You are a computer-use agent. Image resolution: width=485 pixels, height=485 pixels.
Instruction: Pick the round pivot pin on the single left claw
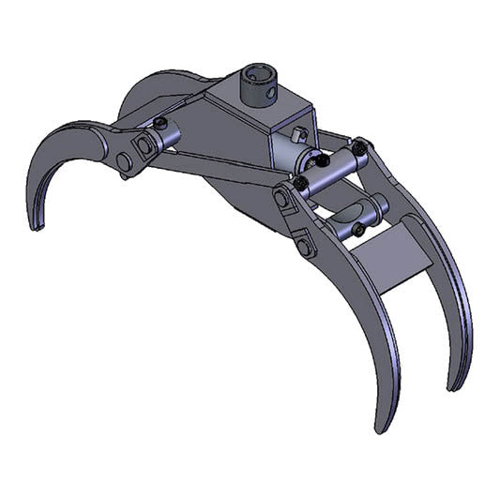pyautogui.click(x=124, y=161)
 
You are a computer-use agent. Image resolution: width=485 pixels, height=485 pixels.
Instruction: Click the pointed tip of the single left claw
pyautogui.click(x=35, y=225)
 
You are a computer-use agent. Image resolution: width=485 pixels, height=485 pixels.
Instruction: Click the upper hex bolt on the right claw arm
pyautogui.click(x=281, y=199)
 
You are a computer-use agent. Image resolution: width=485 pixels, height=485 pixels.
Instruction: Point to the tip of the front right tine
pyautogui.click(x=381, y=428)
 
